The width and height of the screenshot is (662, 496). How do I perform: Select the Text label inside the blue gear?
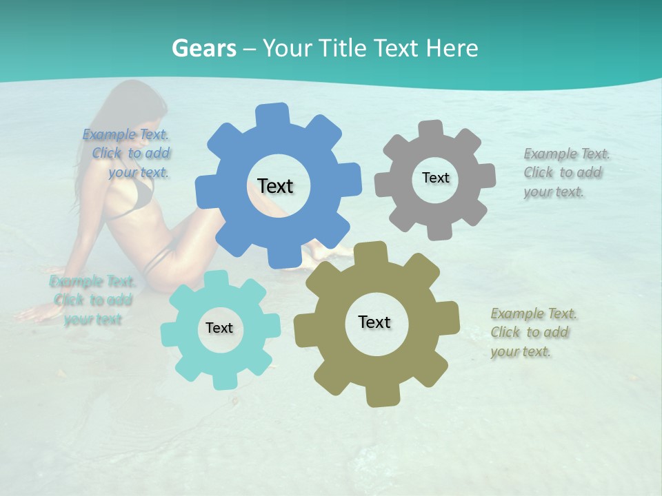(x=275, y=186)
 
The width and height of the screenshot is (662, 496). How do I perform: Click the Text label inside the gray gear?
(x=435, y=178)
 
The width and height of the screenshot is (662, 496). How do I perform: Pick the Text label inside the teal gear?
(x=219, y=328)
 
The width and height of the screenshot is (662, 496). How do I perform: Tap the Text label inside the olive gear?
(x=374, y=322)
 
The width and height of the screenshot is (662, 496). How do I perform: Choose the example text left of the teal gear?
(x=92, y=300)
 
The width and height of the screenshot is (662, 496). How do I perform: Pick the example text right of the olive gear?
(x=533, y=332)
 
